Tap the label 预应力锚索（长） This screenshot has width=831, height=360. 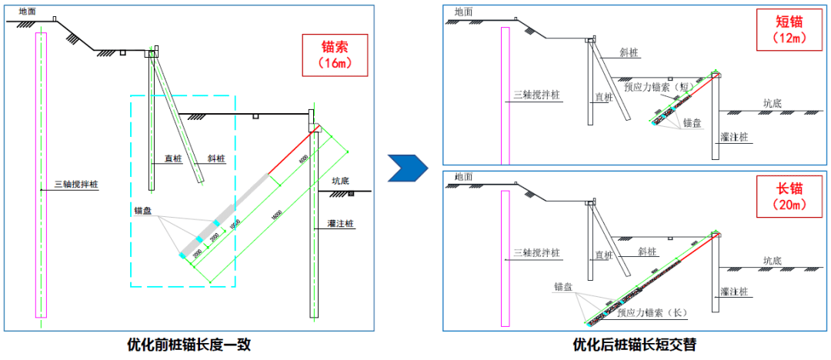651,313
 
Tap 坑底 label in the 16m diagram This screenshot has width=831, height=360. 341,182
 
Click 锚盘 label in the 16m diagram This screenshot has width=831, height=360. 143,210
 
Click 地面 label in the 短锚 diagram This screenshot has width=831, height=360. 464,12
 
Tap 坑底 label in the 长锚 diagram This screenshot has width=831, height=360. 773,261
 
